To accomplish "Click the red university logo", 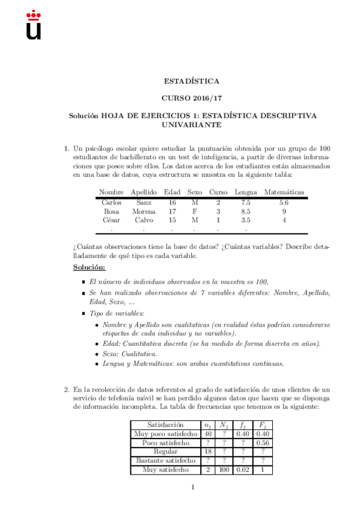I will [x=34, y=26].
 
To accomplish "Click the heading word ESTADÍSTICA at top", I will [x=192, y=81].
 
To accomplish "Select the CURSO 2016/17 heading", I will [x=192, y=97].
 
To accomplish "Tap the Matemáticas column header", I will [x=284, y=191].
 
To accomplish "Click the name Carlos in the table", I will [x=111, y=203].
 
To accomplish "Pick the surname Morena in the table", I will [x=144, y=212].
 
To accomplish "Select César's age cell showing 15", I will [x=172, y=220].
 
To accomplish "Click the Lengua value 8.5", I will [x=245, y=212].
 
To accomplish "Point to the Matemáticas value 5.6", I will [x=284, y=203].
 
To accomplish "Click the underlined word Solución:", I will [x=89, y=267].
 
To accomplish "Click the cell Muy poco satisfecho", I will [x=166, y=434].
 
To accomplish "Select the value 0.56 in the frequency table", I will [x=262, y=443].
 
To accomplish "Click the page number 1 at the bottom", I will [x=192, y=487].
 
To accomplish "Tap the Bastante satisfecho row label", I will [x=166, y=461].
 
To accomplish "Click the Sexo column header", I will [x=195, y=191].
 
